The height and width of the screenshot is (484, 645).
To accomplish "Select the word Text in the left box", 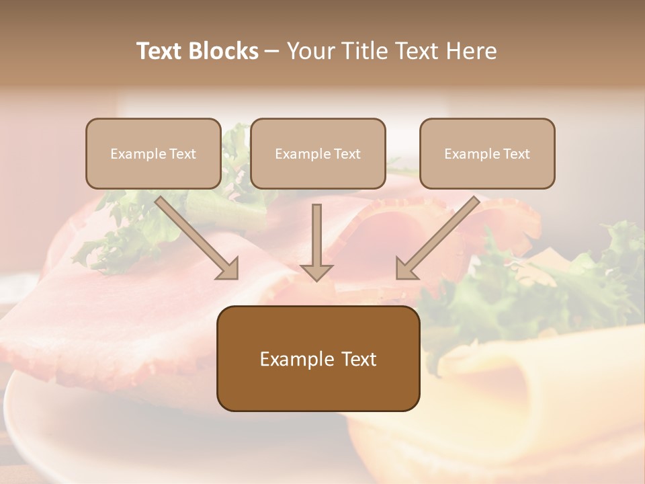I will pos(183,154).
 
